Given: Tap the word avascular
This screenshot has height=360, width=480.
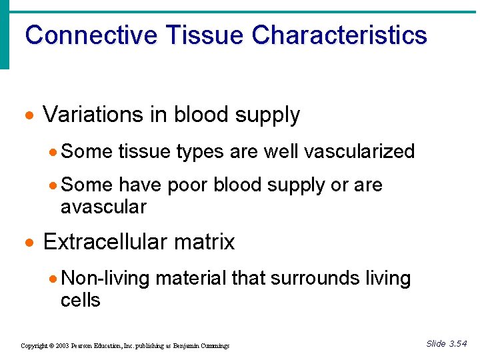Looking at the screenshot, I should tap(103, 207).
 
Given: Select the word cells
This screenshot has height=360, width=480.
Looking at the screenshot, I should tap(80, 300).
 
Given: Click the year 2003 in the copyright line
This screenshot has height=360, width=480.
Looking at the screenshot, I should tap(61, 346).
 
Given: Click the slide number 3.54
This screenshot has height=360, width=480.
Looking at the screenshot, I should tap(458, 344).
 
